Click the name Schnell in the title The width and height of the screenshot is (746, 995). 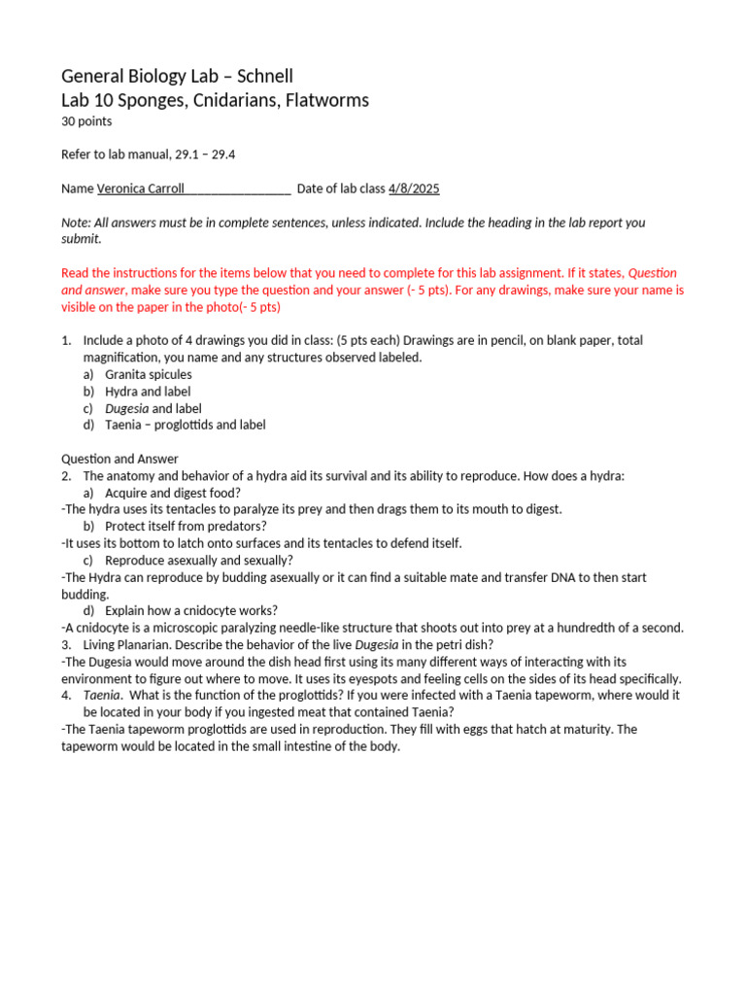coord(262,76)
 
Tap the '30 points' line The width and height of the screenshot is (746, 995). coord(86,121)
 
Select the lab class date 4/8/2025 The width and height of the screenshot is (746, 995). coord(414,189)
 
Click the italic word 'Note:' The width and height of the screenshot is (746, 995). coord(78,223)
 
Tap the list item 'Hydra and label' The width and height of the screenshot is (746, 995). coord(148,392)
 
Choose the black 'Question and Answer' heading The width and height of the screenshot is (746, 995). coord(119,459)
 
